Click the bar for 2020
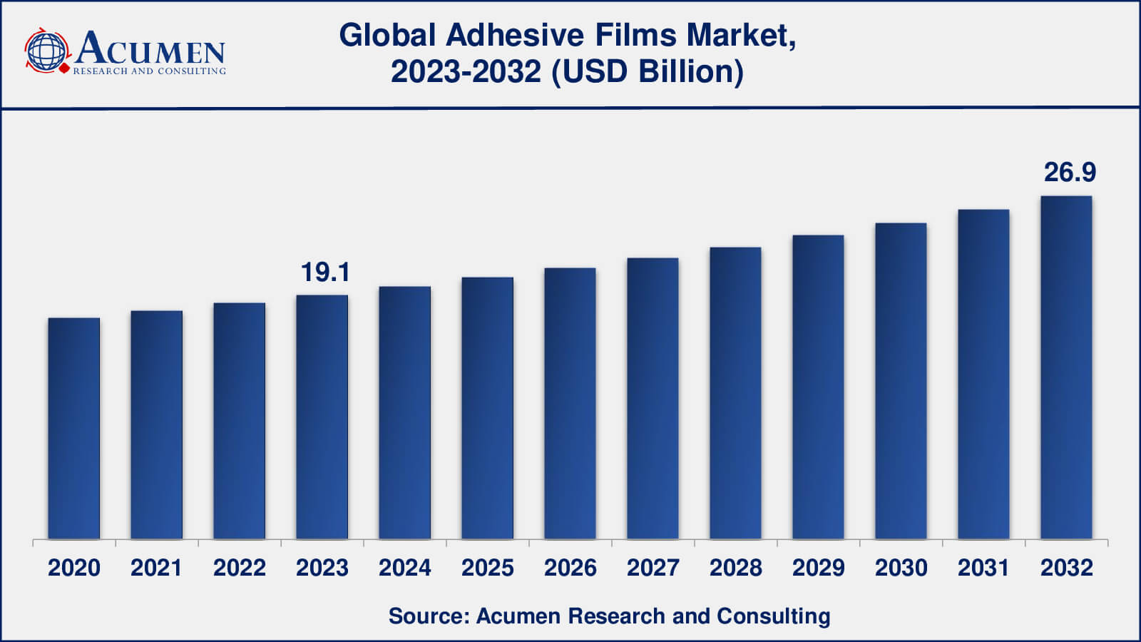coord(74,428)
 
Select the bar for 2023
coord(322,417)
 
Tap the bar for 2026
coord(570,403)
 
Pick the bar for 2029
coord(818,387)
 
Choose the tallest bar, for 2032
coord(1066,367)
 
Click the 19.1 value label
coord(325,272)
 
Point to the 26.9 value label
coord(1070,172)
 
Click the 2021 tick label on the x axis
coord(156,568)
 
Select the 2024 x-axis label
coord(404,568)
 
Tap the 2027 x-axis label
coord(653,568)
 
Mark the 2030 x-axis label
coord(901,568)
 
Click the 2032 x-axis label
coord(1066,568)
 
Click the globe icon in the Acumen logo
coord(46,51)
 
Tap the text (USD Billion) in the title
coord(647,72)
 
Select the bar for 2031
coord(983,374)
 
